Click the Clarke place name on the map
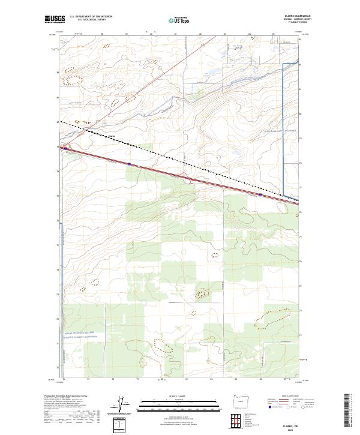(x=111, y=134)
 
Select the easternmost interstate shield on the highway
(x=260, y=194)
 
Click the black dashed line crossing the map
(x=180, y=160)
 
